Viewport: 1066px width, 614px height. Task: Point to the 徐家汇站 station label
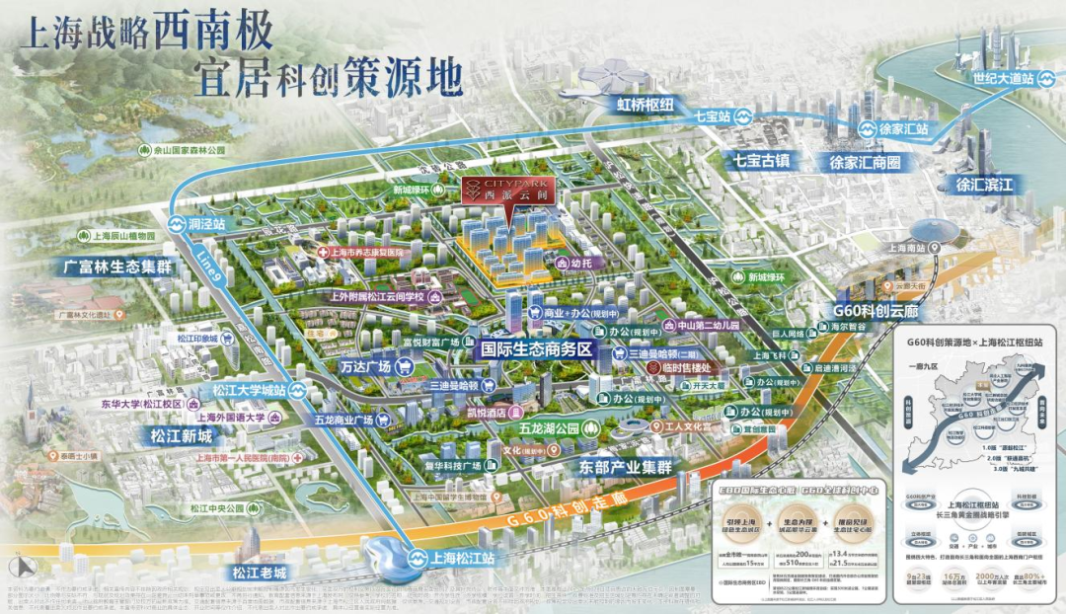click(x=904, y=128)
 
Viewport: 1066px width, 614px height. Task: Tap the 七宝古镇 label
click(x=761, y=161)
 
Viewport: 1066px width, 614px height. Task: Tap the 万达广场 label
click(x=367, y=366)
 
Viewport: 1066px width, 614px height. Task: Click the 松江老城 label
click(x=259, y=573)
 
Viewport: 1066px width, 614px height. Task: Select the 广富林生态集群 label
click(x=103, y=268)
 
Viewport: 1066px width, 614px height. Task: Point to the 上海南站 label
click(x=910, y=249)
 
